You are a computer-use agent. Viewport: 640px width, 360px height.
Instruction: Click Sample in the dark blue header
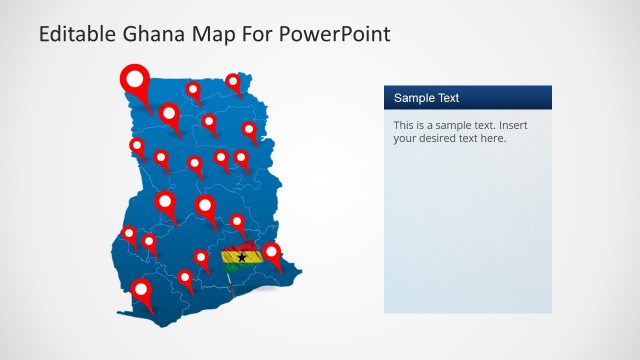(414, 98)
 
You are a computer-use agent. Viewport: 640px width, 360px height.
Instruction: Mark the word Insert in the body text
(511, 125)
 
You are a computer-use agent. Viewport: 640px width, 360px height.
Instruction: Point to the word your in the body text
(405, 139)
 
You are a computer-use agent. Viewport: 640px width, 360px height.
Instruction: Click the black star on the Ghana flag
(241, 257)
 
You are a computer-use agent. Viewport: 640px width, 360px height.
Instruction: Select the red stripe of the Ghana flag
(240, 247)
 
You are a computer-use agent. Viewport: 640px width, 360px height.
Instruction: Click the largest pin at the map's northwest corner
(133, 77)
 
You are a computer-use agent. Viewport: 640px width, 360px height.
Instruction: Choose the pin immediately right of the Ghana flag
(271, 253)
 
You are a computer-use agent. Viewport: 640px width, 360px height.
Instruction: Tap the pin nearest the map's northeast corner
(233, 81)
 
